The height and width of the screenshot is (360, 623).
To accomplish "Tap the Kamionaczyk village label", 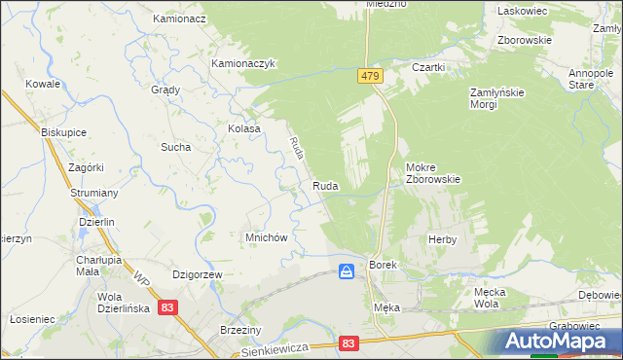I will point(245,63).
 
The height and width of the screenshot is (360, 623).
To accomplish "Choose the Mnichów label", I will point(264,237).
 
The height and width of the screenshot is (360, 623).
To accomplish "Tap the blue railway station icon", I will point(347,271).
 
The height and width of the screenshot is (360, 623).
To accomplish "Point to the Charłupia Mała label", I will point(97,266).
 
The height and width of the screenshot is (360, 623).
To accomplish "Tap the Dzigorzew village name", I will point(198,275).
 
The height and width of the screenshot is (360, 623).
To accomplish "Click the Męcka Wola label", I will point(494,297).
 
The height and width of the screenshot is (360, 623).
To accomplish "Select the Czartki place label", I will point(428,67).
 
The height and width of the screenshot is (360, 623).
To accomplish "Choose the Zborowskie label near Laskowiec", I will point(524,40).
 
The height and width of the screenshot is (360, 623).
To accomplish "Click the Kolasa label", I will point(244,128).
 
